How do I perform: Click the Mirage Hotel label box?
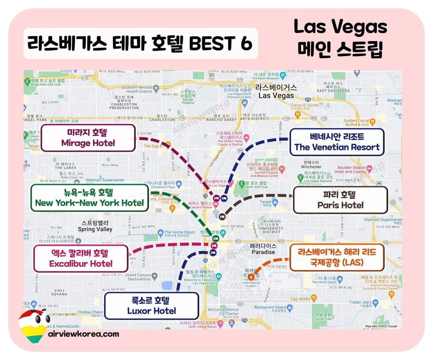pyautogui.click(x=88, y=138)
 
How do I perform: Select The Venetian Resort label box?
pyautogui.click(x=337, y=142)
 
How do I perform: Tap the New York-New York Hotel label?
pyautogui.click(x=90, y=198)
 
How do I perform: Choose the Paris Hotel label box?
pyautogui.click(x=340, y=200)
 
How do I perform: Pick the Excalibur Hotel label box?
pyautogui.click(x=81, y=258)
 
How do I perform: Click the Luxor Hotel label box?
pyautogui.click(x=152, y=305)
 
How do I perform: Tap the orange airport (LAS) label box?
pyautogui.click(x=337, y=257)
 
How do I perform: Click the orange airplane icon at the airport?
pyautogui.click(x=251, y=277)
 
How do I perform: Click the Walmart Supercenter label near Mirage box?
pyautogui.click(x=105, y=180)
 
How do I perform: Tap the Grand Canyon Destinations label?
pyautogui.click(x=139, y=277)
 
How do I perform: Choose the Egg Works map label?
pyautogui.click(x=301, y=298)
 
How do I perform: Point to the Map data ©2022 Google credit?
pyautogui.click(x=381, y=326)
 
